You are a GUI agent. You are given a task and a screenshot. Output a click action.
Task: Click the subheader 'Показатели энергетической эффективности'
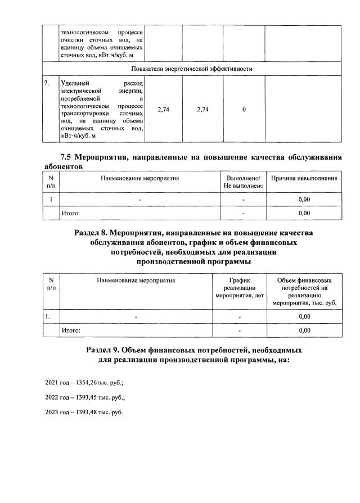click(x=191, y=69)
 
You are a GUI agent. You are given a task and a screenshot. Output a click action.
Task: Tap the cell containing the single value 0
click(x=244, y=110)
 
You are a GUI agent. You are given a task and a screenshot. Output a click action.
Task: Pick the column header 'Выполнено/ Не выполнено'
click(x=242, y=182)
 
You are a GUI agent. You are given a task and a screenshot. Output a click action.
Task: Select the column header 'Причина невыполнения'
click(x=304, y=178)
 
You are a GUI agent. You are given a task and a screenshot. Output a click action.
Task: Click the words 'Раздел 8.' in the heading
click(x=91, y=232)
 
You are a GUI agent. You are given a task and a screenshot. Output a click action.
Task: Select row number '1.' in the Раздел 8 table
click(x=48, y=316)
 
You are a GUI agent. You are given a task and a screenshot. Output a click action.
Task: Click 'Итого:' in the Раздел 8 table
click(x=70, y=330)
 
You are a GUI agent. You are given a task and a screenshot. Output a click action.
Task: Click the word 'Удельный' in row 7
click(x=74, y=83)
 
